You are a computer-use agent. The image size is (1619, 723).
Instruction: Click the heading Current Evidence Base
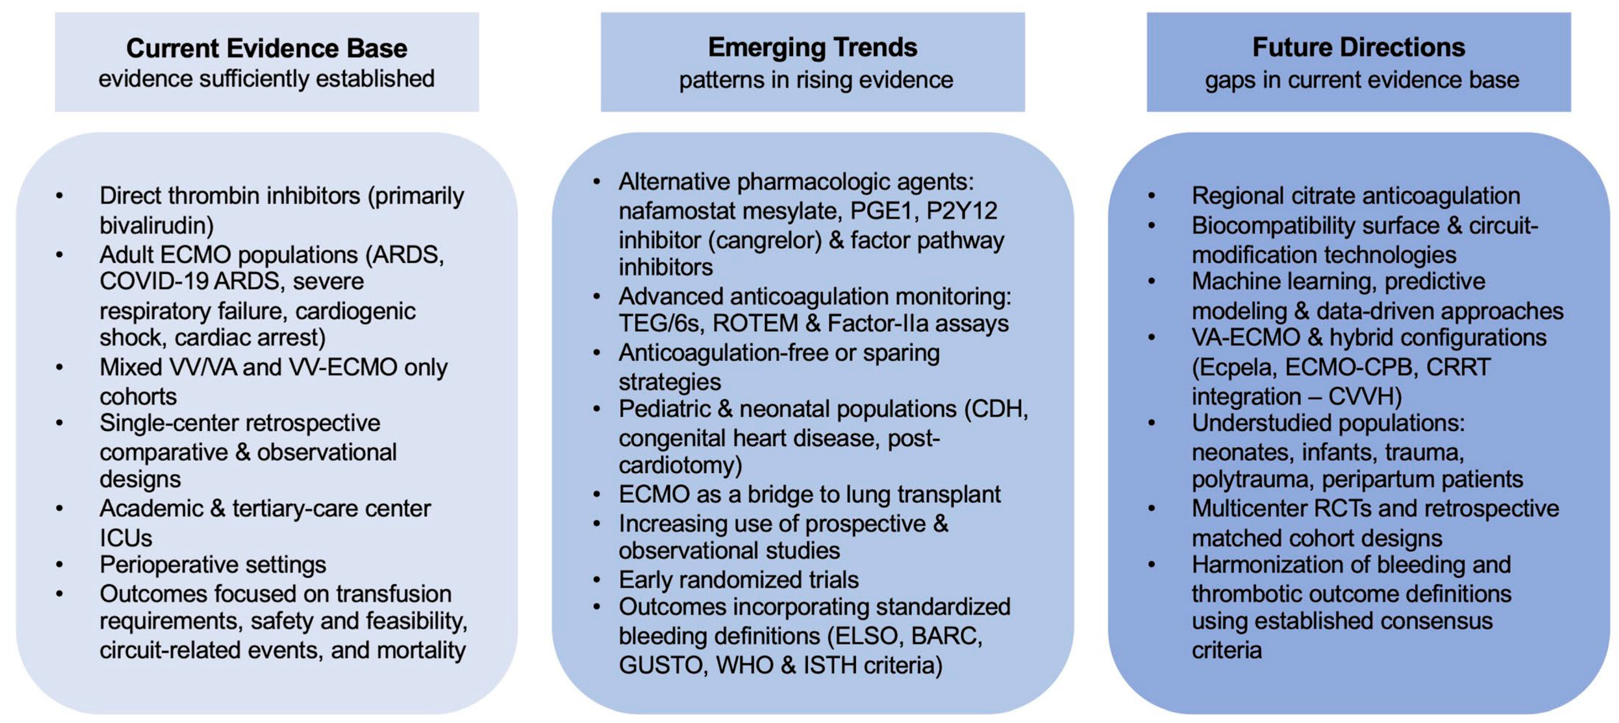coord(267,48)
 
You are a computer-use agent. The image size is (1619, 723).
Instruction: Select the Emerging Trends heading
coord(813,47)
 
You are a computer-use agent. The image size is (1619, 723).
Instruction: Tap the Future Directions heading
coord(1359,47)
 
